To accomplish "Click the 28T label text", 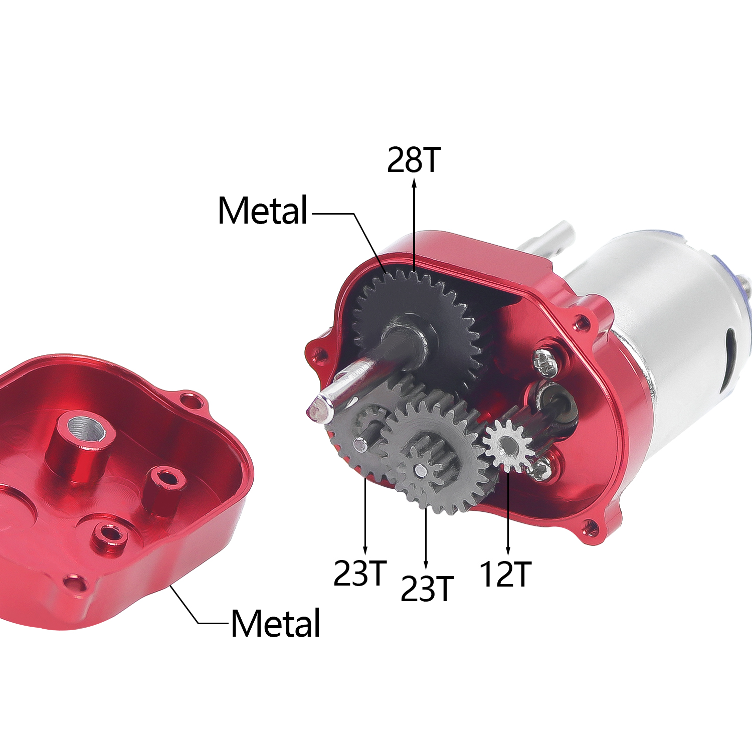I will pyautogui.click(x=414, y=160).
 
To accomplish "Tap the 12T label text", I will pyautogui.click(x=505, y=575).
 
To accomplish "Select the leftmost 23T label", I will pyautogui.click(x=360, y=573).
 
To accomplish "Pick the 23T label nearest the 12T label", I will pyautogui.click(x=427, y=589).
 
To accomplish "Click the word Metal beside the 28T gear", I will pyautogui.click(x=263, y=211).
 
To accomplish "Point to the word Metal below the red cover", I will pyautogui.click(x=276, y=624).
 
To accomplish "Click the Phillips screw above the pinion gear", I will pyautogui.click(x=544, y=361).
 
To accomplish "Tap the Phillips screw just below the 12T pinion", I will pyautogui.click(x=539, y=469).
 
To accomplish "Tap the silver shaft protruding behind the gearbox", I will pyautogui.click(x=551, y=238).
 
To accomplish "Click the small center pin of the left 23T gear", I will pyautogui.click(x=358, y=443).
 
